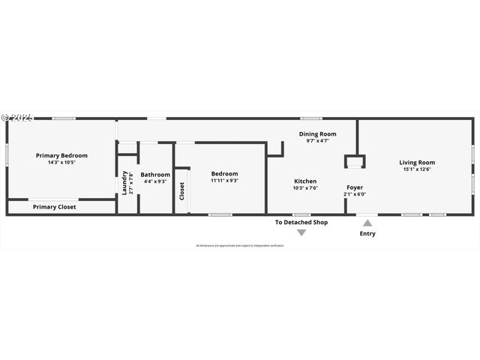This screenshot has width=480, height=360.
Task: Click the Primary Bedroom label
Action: pos(62,155)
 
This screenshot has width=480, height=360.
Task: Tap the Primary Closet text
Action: pos(55,207)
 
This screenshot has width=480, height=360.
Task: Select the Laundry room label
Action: pos(124,182)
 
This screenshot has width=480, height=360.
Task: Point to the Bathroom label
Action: pos(155,174)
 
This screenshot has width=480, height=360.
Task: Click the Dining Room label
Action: pos(317,133)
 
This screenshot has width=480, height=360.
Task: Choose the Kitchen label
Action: pos(305,181)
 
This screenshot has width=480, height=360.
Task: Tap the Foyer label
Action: pos(355,187)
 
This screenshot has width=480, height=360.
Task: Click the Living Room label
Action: pos(417,162)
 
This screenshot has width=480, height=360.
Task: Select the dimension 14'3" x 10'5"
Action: pos(62,162)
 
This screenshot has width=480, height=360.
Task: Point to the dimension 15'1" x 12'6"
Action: pos(417,169)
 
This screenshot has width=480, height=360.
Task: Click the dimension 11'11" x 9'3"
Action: pos(224,180)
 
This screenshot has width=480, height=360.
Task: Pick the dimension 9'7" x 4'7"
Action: pos(317,140)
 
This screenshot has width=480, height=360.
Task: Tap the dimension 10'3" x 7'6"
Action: pos(305,188)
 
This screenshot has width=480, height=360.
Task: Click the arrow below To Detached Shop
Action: pos(301,233)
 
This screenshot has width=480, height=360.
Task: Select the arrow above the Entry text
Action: pos(367,222)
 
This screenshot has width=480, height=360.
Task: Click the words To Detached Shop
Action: pos(301,222)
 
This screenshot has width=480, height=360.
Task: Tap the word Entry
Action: pos(367,233)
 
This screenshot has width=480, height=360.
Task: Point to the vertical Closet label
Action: pos(182,191)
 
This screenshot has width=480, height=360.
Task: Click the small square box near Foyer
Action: pos(355,162)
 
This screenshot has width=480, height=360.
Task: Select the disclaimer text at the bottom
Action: pos(240,245)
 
